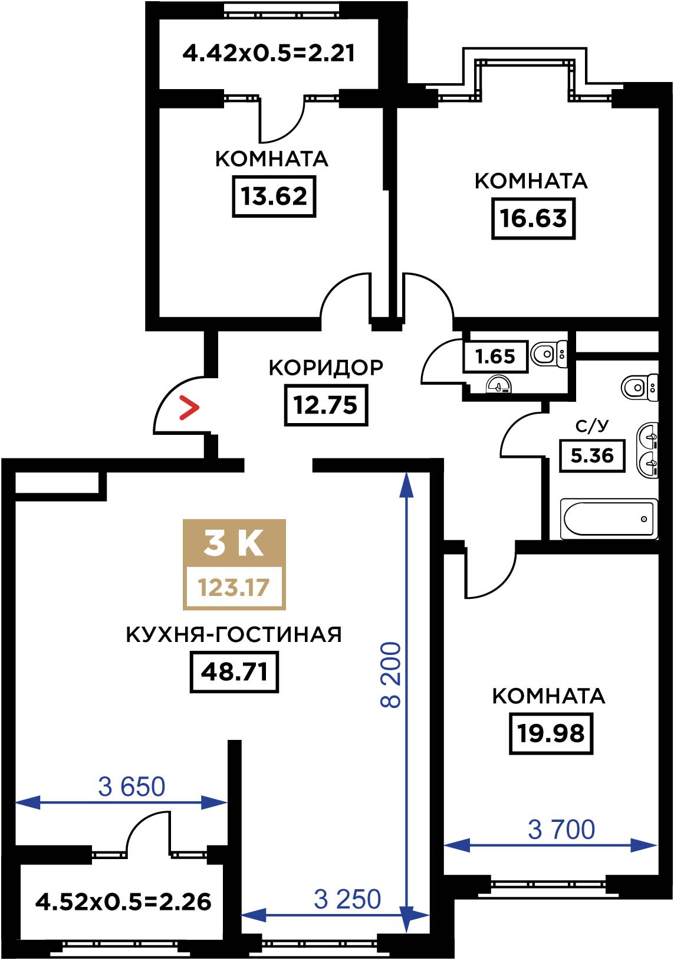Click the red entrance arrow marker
[189, 408]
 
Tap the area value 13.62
[274, 196]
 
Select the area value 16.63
[533, 218]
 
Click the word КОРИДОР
[326, 368]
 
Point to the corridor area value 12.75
[326, 405]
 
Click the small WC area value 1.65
[495, 356]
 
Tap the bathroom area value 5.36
[592, 456]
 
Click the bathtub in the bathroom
[609, 519]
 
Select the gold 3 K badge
[234, 565]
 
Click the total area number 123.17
[234, 587]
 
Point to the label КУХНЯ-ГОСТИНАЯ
[234, 634]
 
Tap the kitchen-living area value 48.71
[234, 672]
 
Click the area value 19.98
[551, 733]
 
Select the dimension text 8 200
[390, 675]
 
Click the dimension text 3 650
[131, 787]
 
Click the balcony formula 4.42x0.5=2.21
[269, 54]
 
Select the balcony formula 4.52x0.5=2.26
[123, 902]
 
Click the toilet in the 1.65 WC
[549, 354]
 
